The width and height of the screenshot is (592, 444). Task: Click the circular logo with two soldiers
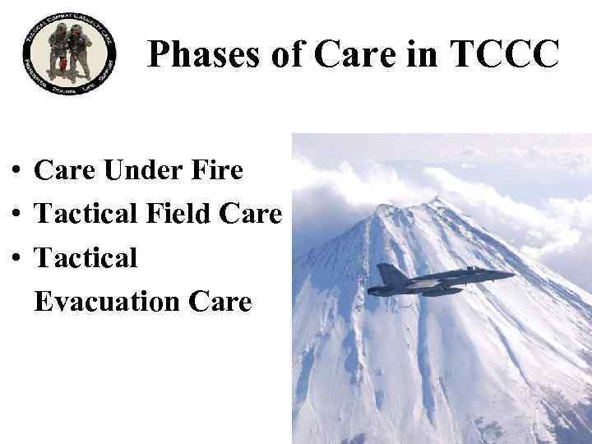[70, 58]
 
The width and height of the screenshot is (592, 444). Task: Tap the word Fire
[216, 171]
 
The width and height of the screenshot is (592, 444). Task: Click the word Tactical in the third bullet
[86, 258]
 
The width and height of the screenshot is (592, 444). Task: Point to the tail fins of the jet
[388, 275]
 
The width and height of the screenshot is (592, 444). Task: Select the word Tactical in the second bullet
[86, 215]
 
